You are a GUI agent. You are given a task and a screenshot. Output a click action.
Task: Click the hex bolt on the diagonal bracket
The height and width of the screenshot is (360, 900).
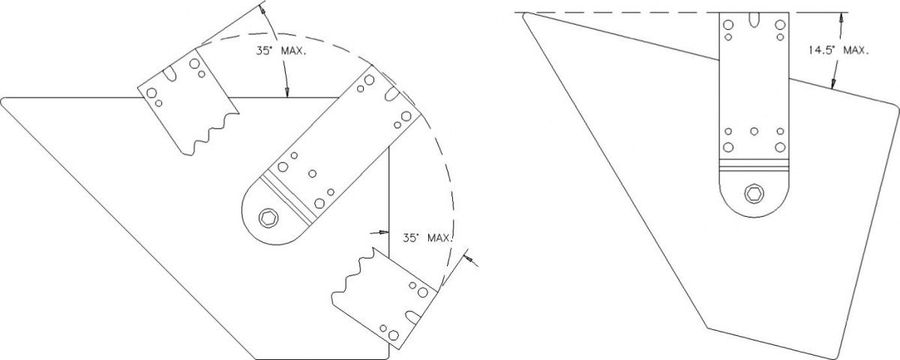pyautogui.click(x=268, y=218)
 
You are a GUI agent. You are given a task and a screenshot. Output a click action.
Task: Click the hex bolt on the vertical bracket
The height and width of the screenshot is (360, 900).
pyautogui.click(x=754, y=194)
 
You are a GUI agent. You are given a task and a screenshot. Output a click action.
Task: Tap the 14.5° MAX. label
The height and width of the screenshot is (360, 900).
pyautogui.click(x=838, y=51)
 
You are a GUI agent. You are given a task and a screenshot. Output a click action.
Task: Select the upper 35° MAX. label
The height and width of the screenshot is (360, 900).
pyautogui.click(x=280, y=51)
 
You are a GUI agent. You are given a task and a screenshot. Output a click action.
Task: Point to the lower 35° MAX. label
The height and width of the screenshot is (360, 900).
pyautogui.click(x=428, y=238)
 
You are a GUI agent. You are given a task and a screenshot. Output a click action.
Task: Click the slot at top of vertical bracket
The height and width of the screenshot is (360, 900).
pyautogui.click(x=754, y=19)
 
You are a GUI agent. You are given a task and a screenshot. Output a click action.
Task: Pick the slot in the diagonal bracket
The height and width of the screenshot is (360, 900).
pyautogui.click(x=392, y=94)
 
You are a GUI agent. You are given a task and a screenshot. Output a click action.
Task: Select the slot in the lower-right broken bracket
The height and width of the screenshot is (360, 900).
pyautogui.click(x=412, y=317)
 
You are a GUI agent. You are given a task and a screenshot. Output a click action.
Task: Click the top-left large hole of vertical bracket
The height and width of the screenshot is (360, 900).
pyautogui.click(x=728, y=25)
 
